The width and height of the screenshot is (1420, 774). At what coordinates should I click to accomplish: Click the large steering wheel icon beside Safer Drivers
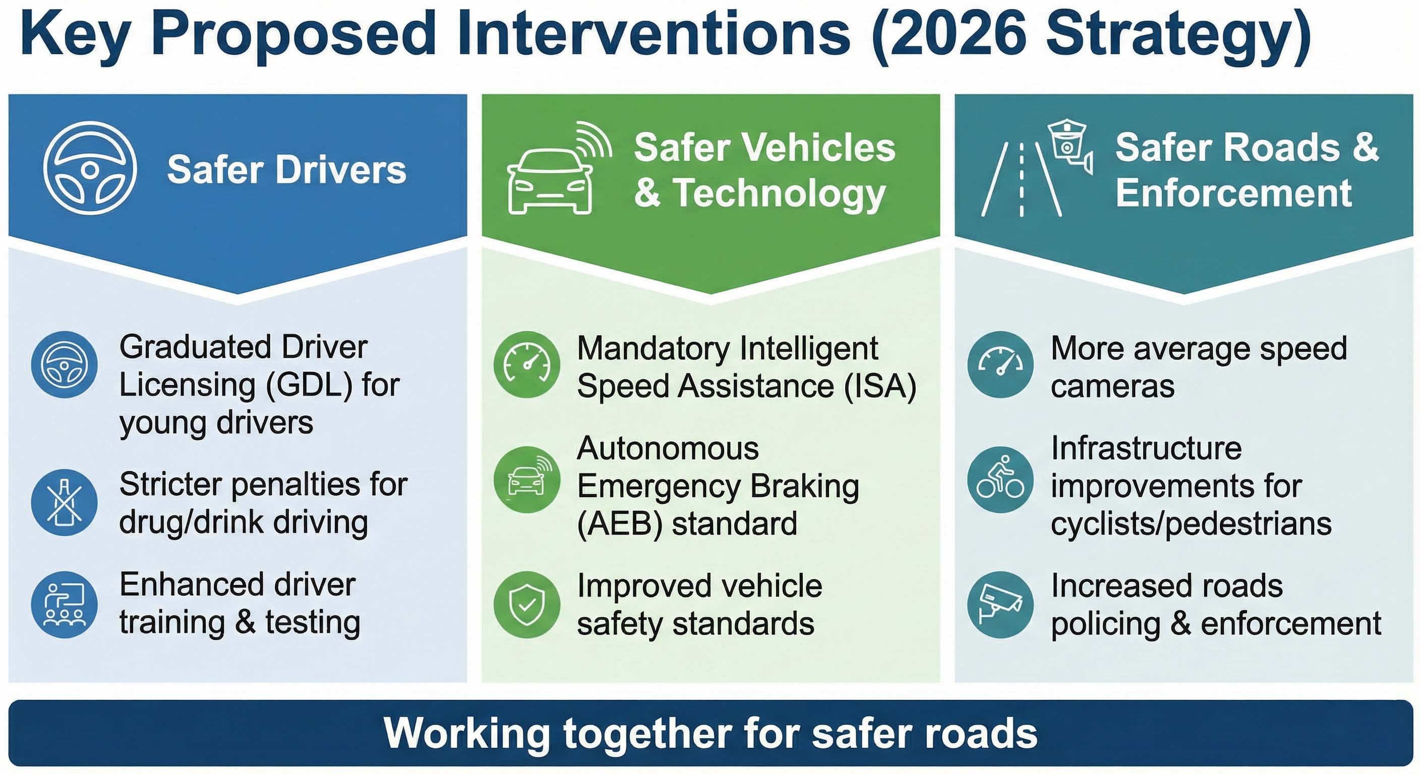90,168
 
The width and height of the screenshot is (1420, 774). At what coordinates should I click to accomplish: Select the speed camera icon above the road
1070,144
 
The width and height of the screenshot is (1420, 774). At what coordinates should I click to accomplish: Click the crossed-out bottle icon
65,502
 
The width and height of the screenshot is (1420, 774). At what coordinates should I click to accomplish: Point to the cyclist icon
1000,479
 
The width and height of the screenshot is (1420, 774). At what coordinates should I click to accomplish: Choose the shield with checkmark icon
527,604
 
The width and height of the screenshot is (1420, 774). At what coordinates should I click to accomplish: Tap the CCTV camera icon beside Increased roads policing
1000,604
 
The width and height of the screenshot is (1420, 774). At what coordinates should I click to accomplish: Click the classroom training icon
65,604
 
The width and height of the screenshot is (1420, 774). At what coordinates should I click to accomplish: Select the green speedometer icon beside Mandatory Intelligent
527,364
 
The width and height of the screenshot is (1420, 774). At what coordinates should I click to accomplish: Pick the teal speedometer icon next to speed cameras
1000,364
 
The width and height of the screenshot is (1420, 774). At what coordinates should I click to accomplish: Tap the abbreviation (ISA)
880,385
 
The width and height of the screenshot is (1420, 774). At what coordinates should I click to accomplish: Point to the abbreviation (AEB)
619,524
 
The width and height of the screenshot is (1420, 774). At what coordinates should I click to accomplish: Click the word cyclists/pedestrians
1191,524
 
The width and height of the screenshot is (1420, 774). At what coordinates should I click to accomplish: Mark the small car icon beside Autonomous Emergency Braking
527,479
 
